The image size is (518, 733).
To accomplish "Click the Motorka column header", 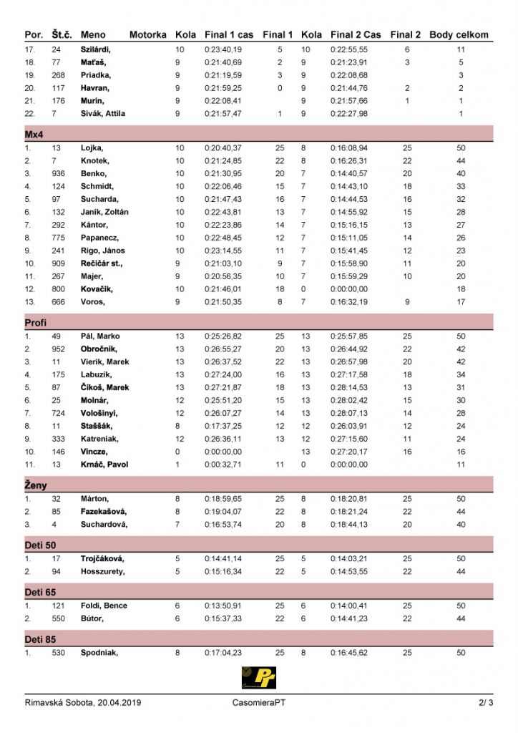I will click(x=147, y=34).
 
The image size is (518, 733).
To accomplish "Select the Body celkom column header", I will click(x=459, y=34).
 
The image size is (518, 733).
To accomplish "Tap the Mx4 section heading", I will click(x=34, y=134).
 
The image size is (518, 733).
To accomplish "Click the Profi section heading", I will click(x=36, y=323).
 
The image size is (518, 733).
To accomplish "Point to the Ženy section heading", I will click(x=36, y=485).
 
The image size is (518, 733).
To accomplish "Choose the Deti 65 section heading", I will click(x=40, y=593).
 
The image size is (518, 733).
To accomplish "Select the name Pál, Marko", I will click(x=100, y=336).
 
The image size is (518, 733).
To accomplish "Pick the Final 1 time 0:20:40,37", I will click(x=223, y=147).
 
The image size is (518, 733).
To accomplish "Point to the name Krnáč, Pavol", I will click(x=104, y=465).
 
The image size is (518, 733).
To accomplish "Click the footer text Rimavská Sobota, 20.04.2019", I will click(x=83, y=703).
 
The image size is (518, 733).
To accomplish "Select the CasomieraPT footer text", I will click(x=260, y=703).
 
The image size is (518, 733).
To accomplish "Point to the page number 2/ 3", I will click(x=486, y=703).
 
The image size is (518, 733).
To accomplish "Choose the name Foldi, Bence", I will click(x=104, y=606).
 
